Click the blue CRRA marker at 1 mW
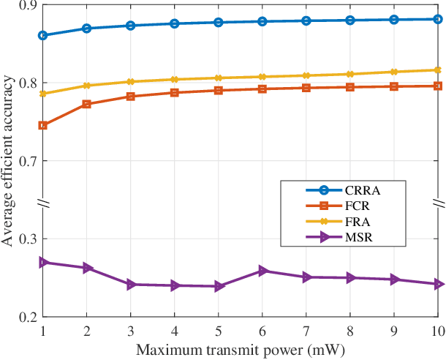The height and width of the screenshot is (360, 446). tap(43, 35)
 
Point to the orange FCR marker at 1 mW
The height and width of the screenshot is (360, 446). tap(43, 125)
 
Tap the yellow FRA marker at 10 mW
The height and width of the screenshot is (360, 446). tap(438, 70)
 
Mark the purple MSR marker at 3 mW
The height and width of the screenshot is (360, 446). tap(131, 285)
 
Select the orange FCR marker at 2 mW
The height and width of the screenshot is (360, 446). tap(87, 104)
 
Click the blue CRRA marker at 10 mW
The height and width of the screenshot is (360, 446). tap(438, 19)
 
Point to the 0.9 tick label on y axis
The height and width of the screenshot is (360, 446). tap(26, 5)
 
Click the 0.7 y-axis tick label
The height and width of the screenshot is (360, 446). tap(26, 161)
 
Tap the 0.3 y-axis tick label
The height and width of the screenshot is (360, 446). tap(26, 239)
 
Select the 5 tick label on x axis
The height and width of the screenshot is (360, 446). tap(219, 330)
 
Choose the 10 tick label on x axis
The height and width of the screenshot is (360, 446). tap(437, 330)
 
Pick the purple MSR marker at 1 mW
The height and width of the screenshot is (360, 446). tap(43, 262)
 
